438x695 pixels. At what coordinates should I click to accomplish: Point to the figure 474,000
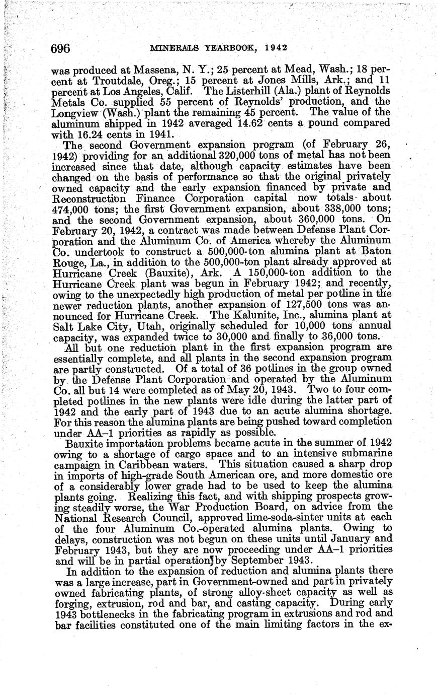tap(70, 210)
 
